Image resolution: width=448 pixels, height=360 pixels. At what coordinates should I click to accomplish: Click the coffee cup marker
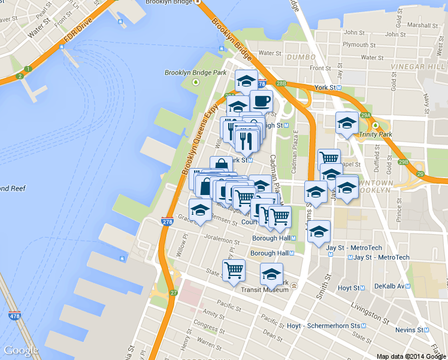tap(261, 101)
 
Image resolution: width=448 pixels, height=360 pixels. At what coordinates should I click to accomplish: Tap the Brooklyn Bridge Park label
tap(196, 73)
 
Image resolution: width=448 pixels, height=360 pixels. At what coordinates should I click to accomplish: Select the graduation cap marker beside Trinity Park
tap(347, 123)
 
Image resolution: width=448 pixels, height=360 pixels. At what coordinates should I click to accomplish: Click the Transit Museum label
tap(265, 289)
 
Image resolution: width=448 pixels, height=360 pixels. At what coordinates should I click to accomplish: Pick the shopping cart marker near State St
tap(234, 269)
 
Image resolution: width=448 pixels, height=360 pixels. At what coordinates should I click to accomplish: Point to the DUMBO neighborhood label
tap(301, 57)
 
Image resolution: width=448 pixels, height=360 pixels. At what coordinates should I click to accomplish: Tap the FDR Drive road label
tap(80, 37)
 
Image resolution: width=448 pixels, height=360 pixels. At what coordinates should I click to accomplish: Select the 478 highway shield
tap(14, 314)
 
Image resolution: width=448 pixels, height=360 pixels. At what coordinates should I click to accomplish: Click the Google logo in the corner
tap(21, 350)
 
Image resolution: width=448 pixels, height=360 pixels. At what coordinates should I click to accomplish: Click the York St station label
tap(327, 88)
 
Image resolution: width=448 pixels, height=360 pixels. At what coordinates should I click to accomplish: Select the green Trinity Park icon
tap(376, 125)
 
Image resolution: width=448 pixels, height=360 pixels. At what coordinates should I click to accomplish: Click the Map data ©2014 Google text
tap(411, 356)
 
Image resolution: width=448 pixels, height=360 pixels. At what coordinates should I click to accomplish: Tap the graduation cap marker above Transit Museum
tap(271, 274)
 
